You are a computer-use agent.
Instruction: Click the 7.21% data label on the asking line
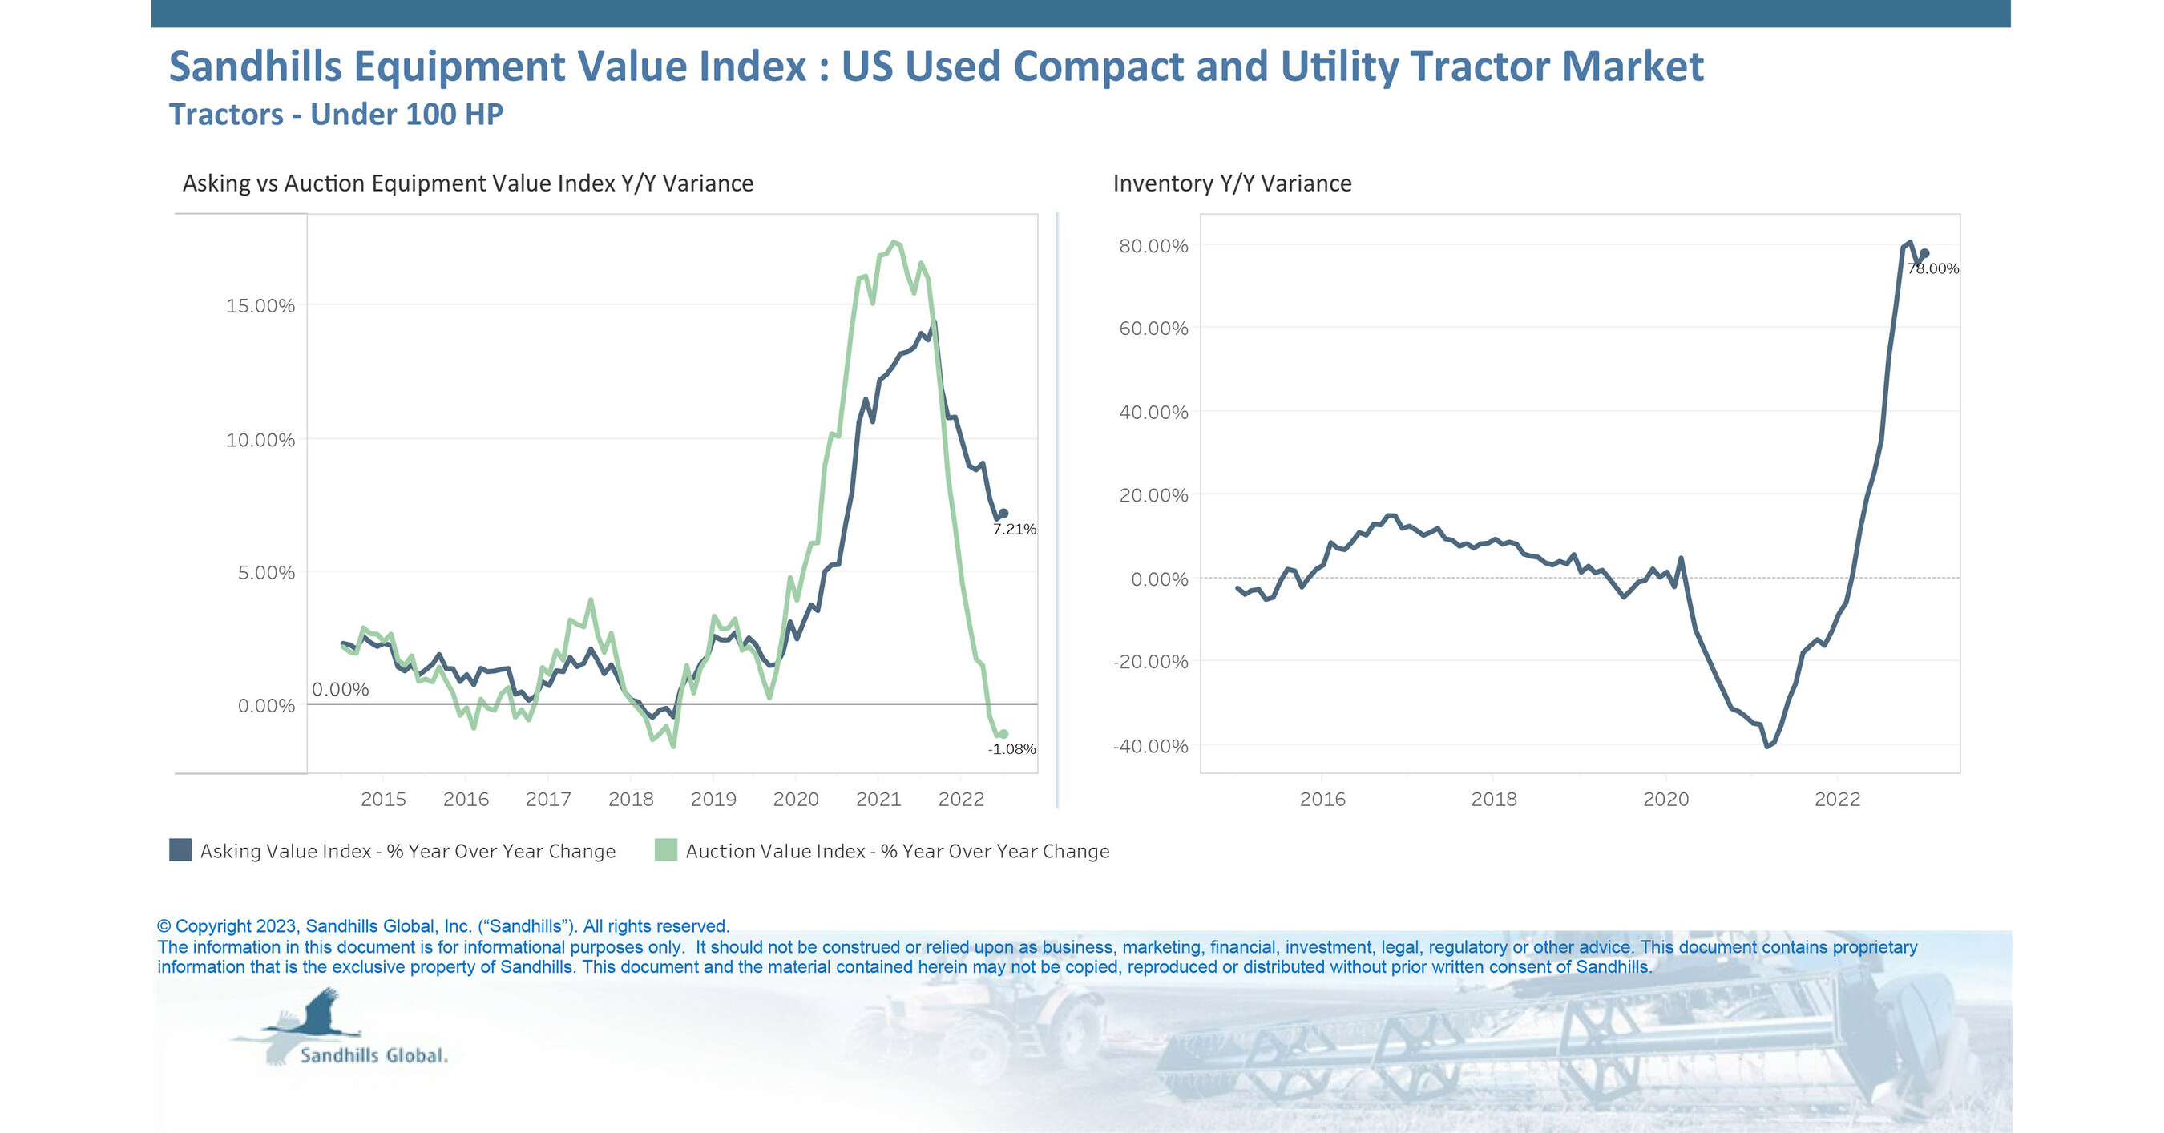1014,529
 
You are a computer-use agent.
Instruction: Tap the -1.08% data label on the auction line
1011,749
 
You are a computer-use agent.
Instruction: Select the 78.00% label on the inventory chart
1932,268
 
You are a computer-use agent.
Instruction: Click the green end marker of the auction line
1002,734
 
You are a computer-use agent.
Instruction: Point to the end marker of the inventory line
1924,253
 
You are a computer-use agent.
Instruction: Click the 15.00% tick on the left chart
260,306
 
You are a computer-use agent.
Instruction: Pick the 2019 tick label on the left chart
713,800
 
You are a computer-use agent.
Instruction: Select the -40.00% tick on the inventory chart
1150,747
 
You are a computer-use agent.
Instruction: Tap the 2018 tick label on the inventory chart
1494,800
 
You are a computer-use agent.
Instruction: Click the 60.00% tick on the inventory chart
1153,329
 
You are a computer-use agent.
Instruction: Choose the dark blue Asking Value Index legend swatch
180,850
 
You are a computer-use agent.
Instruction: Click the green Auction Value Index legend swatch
665,850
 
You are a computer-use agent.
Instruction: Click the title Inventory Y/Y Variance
1232,183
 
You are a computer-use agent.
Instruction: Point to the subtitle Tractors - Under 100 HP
336,115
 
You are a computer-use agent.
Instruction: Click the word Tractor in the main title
1480,67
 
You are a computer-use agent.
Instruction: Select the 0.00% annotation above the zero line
340,690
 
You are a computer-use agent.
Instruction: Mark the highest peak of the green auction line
894,242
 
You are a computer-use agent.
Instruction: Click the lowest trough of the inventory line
1766,746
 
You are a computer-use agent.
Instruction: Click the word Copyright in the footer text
212,925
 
